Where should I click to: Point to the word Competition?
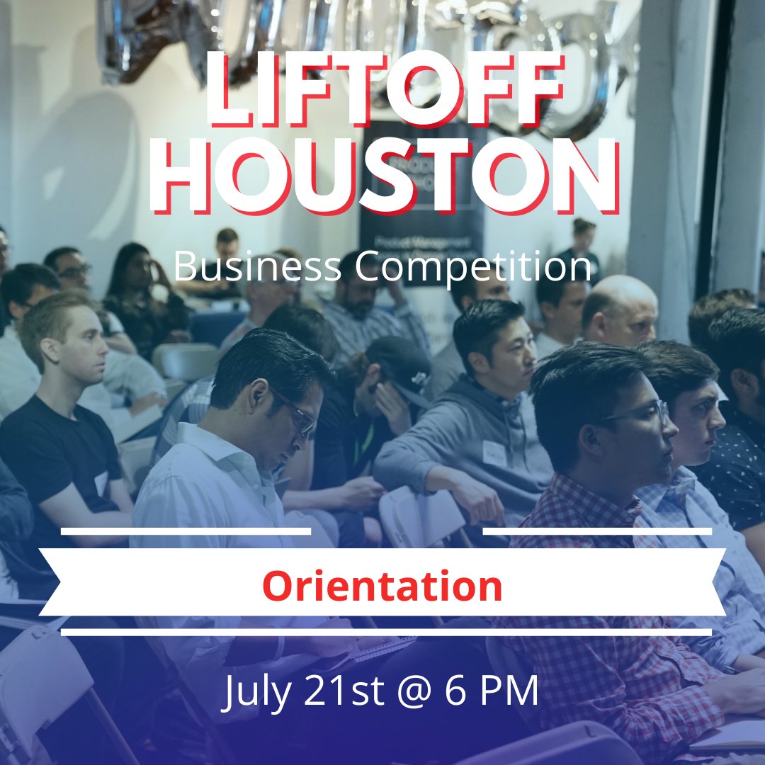point(473,267)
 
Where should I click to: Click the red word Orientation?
point(382,586)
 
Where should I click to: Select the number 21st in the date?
point(341,691)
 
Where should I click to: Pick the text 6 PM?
point(492,691)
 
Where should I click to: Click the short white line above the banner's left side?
point(186,531)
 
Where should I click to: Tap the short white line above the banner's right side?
point(597,531)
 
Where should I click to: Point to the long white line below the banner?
point(386,632)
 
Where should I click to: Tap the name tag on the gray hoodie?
point(494,453)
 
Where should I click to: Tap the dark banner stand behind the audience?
point(418,205)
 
